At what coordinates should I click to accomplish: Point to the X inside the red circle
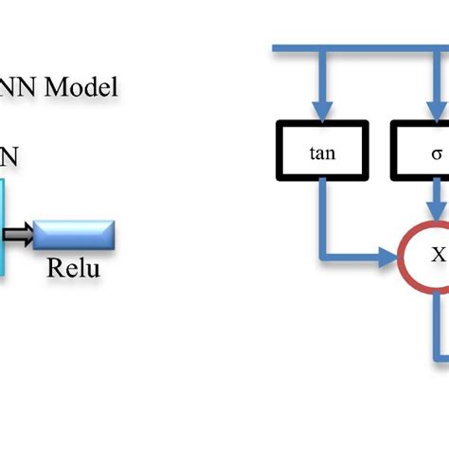coord(438,254)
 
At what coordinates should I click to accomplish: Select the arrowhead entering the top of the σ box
coord(437,112)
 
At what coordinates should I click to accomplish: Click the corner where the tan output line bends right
coord(325,254)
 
